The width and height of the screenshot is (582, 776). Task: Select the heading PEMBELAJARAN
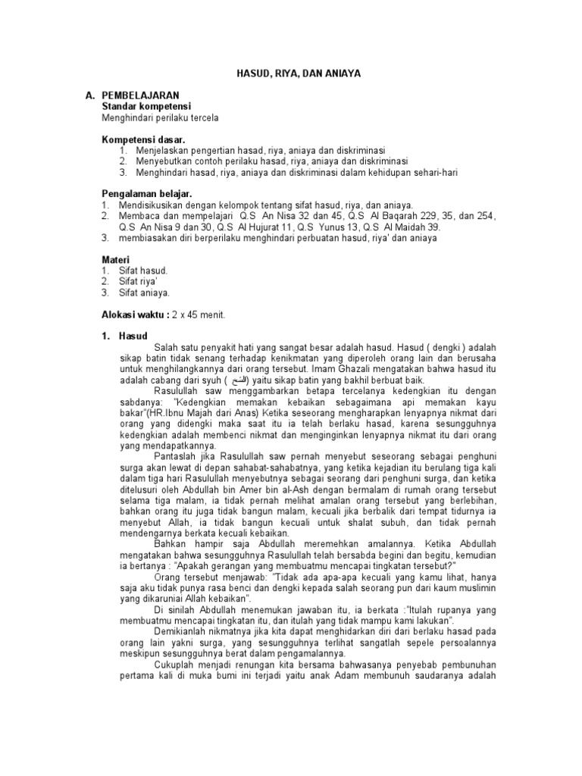(140, 95)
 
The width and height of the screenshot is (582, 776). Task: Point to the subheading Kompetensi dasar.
(143, 139)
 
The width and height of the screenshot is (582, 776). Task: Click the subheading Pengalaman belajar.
(147, 194)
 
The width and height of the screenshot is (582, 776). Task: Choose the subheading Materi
(116, 259)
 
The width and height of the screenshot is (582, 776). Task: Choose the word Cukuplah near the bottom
(178, 665)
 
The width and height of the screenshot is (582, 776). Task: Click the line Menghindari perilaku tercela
(161, 117)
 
